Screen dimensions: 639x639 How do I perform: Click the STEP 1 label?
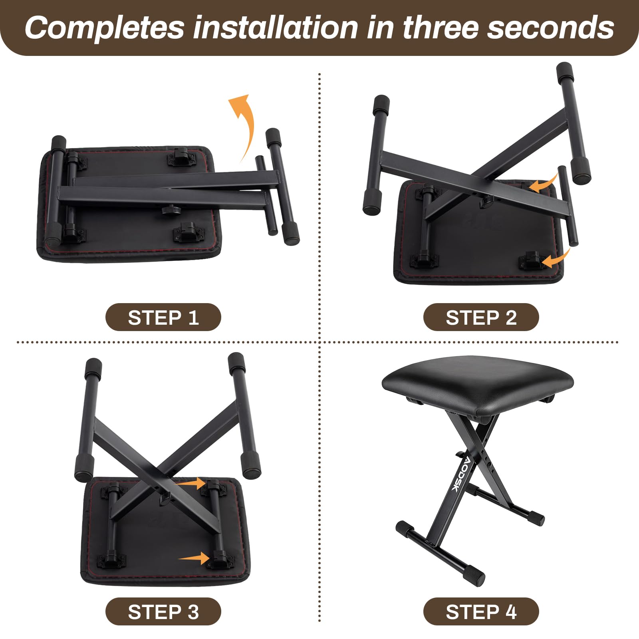click(163, 318)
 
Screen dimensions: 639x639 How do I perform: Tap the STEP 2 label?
click(481, 318)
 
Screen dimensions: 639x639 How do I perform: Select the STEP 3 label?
click(163, 612)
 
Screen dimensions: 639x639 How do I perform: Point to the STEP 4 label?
click(481, 612)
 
